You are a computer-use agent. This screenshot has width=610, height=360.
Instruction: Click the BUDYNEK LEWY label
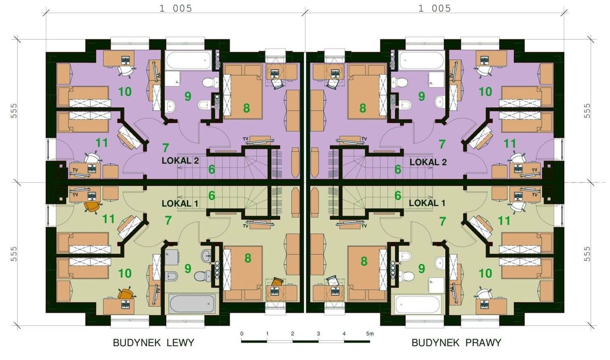tap(154, 343)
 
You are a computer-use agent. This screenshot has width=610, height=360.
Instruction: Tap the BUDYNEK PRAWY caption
tap(456, 343)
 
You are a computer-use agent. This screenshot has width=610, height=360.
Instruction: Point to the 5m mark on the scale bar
tap(370, 334)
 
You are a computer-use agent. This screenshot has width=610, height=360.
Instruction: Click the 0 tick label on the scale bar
tap(242, 334)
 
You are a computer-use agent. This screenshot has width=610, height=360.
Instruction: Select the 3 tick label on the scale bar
tap(318, 334)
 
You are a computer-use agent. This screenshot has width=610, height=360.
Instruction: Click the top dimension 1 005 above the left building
tap(176, 9)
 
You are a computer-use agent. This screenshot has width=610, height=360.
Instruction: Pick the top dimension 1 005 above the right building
tap(435, 9)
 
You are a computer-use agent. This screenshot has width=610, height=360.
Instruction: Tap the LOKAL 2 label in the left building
tap(180, 161)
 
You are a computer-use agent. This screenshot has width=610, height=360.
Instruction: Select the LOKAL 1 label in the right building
tap(427, 203)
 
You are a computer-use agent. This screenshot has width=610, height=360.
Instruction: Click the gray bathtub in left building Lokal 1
tap(192, 304)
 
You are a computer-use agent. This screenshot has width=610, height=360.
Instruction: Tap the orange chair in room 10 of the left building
tap(126, 294)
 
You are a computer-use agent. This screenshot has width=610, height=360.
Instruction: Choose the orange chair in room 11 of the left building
tap(93, 207)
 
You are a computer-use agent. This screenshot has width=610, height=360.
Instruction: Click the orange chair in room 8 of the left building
tap(277, 282)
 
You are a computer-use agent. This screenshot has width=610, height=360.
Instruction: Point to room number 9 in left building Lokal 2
tap(188, 96)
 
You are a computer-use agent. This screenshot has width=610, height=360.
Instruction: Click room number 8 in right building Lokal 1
tap(364, 261)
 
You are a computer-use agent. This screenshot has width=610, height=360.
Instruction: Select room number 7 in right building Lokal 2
tap(442, 144)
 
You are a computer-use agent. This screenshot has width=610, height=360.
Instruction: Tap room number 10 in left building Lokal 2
tap(125, 92)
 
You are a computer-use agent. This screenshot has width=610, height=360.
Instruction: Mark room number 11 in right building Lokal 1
tap(504, 221)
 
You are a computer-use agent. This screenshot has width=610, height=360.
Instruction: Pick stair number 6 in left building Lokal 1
tap(211, 196)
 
